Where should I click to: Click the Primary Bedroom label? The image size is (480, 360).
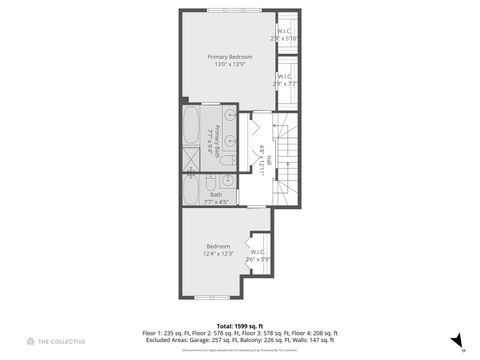click(230, 57)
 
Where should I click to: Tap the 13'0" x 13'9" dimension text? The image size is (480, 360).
click(230, 65)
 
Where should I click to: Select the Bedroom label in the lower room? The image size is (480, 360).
click(218, 246)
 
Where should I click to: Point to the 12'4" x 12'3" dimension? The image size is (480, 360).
click(218, 254)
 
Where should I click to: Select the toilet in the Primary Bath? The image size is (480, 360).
click(227, 159)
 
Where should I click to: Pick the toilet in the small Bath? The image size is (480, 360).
click(208, 182)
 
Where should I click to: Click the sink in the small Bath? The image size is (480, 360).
click(227, 181)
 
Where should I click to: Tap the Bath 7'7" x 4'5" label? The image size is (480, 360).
click(216, 198)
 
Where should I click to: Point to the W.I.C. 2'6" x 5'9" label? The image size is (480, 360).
click(258, 255)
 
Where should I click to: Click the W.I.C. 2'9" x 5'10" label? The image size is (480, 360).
click(285, 35)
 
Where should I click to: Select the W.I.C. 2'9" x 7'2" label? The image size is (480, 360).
click(284, 79)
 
